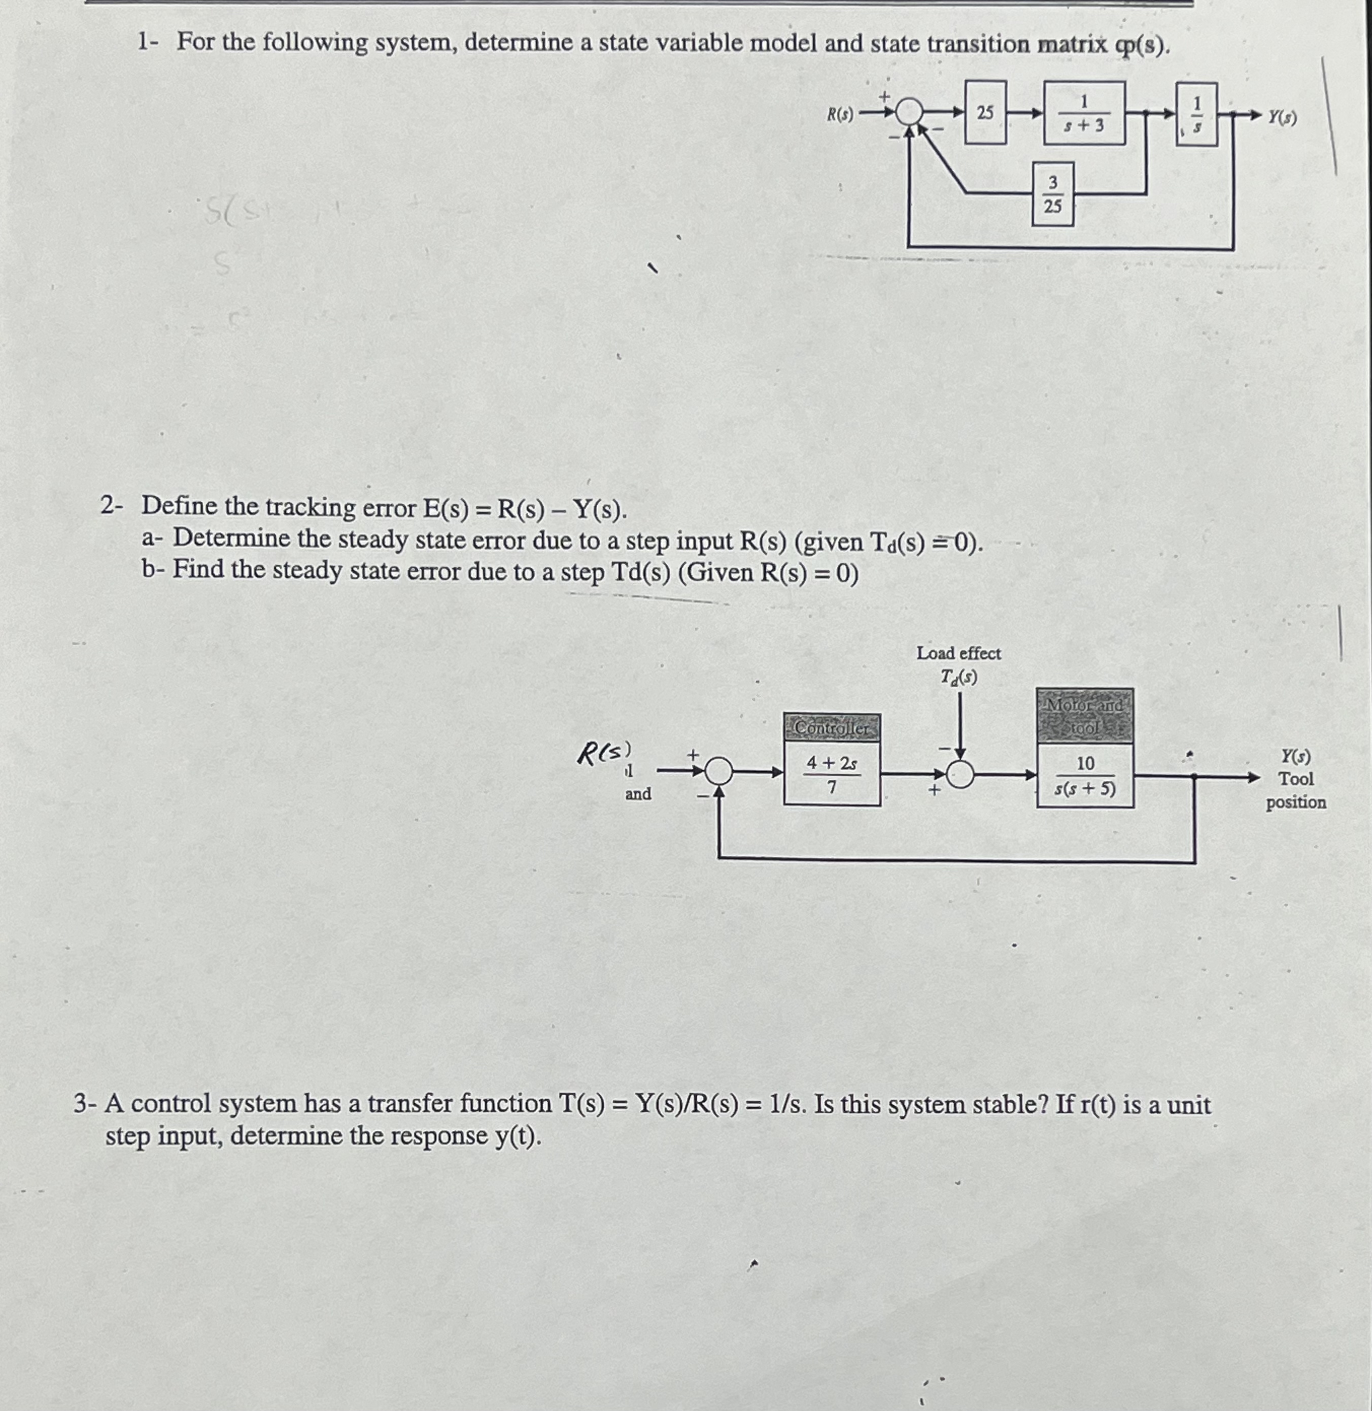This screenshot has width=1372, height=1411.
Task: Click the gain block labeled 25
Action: pyautogui.click(x=985, y=113)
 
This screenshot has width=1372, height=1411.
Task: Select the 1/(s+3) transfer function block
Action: pyautogui.click(x=1084, y=113)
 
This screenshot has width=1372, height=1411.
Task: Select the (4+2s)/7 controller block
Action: pyautogui.click(x=832, y=774)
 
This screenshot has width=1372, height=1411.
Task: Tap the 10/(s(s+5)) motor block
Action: pyautogui.click(x=1084, y=776)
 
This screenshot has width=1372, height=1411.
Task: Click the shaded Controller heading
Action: pyautogui.click(x=832, y=728)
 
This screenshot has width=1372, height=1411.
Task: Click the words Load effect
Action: pyautogui.click(x=958, y=654)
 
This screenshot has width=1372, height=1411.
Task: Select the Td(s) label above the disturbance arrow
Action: pyautogui.click(x=958, y=678)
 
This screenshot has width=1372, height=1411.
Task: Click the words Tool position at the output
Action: pyautogui.click(x=1295, y=791)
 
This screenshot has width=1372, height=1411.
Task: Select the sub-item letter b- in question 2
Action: pyautogui.click(x=154, y=570)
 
